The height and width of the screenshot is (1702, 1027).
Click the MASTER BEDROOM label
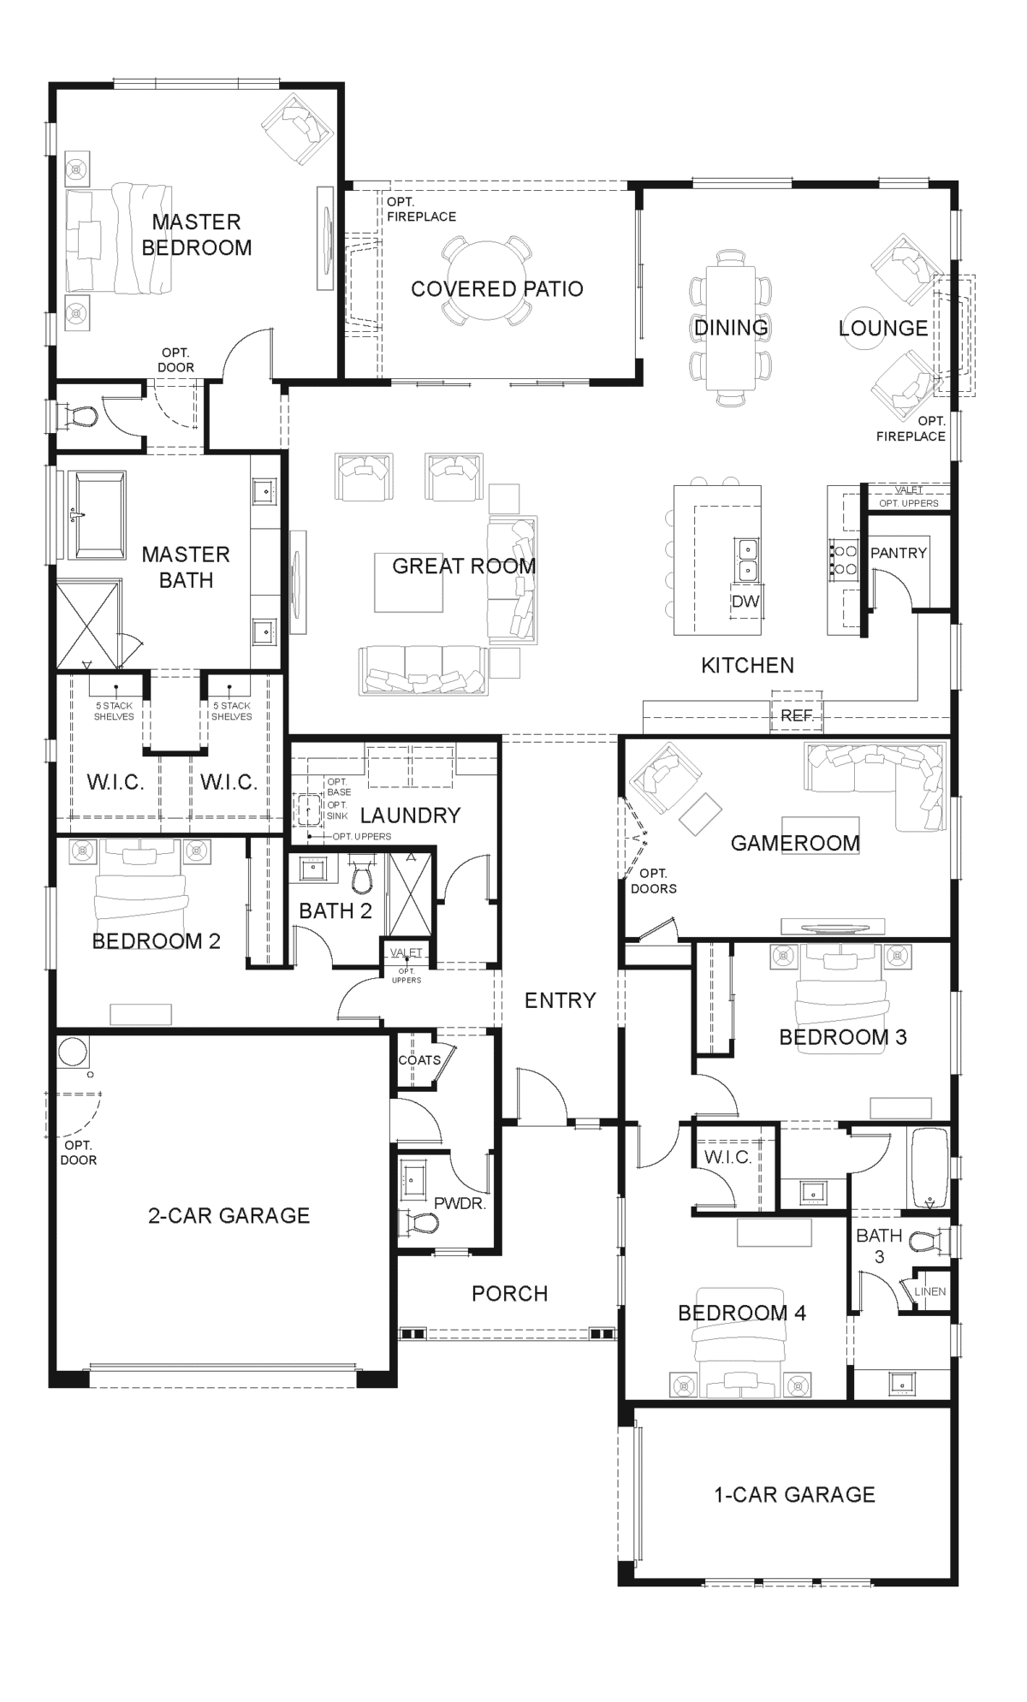coord(197,234)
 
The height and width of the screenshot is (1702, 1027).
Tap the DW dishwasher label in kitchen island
coord(745,602)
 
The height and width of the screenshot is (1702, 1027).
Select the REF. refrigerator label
coord(796,715)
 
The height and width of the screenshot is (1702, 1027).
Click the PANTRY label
coord(898,553)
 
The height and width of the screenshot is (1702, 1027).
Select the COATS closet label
coord(419,1059)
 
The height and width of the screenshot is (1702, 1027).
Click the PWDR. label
coord(460,1203)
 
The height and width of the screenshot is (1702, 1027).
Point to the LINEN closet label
coord(929,1291)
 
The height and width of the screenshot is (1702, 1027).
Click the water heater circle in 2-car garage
coord(73,1052)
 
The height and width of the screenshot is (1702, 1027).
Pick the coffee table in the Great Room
coord(408,582)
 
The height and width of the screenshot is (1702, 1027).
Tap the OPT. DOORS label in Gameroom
coord(653,881)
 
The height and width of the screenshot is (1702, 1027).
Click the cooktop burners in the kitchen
coord(846,560)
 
